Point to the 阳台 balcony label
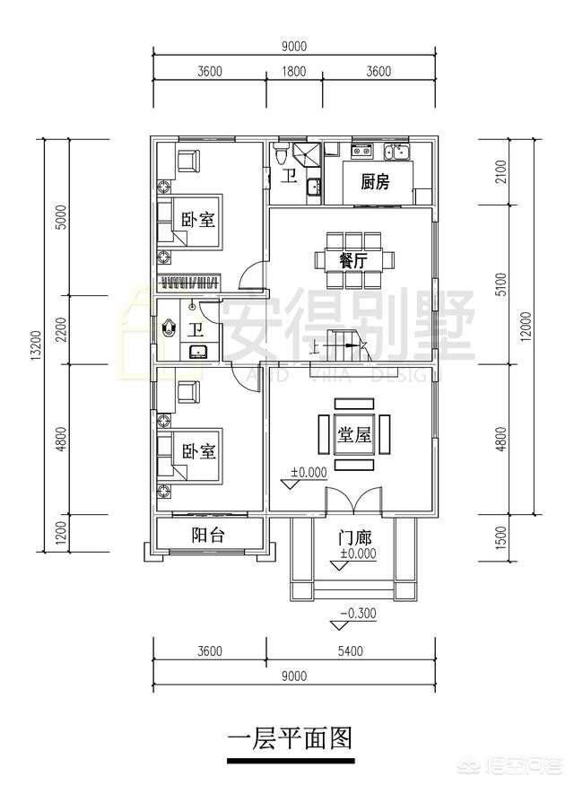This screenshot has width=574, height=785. [208, 536]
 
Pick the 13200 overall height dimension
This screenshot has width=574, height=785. [37, 345]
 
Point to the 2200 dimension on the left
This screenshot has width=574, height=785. [61, 330]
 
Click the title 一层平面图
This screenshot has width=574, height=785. [289, 740]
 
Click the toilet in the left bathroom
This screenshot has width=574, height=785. [169, 328]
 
